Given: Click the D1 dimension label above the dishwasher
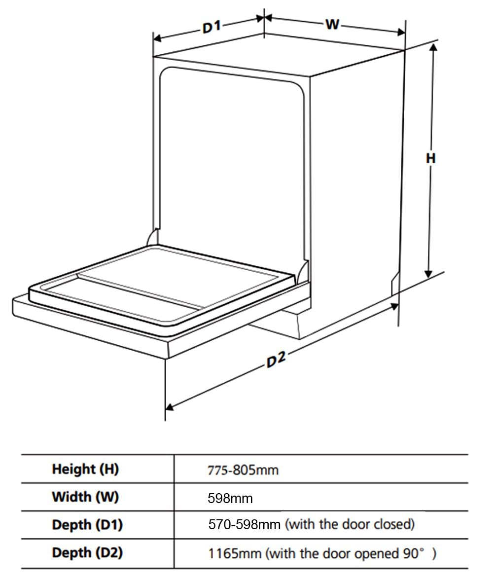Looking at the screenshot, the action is (x=212, y=27).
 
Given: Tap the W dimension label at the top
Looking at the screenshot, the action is (x=332, y=24).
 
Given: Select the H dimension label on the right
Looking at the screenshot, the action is (x=431, y=158).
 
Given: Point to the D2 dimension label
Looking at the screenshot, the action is (x=276, y=360).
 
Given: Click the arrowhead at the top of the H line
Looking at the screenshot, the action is (x=433, y=46).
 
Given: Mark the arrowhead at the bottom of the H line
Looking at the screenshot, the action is (x=428, y=274).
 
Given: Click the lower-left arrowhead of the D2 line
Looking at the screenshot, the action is (x=170, y=407).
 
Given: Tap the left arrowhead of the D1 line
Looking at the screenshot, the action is (x=157, y=38).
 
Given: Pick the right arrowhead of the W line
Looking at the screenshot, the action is (x=401, y=32).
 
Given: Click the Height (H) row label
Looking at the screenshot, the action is (x=85, y=469).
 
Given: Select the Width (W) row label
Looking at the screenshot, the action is (x=85, y=497).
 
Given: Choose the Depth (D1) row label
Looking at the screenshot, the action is (x=87, y=525).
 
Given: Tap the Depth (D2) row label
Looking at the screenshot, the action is (x=87, y=553).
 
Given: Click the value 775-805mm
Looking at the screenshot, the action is (x=243, y=470).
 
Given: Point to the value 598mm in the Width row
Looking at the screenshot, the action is (x=230, y=498).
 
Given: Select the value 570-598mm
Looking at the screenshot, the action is (x=245, y=525).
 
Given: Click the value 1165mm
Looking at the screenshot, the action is (x=235, y=553).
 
